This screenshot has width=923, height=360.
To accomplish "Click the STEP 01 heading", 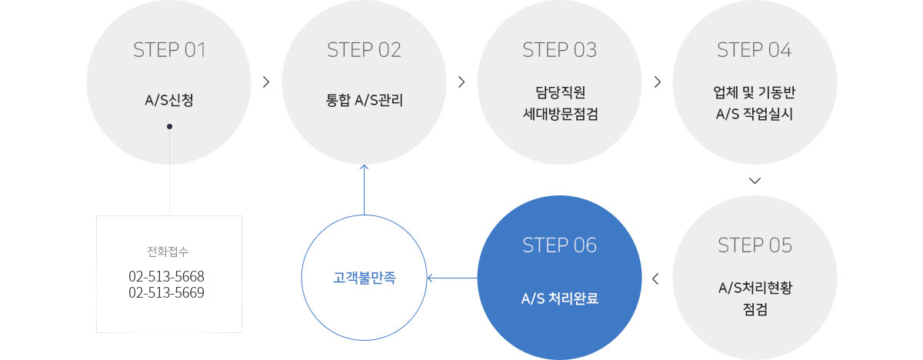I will (169, 51).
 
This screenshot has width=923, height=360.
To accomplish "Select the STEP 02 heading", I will (364, 51).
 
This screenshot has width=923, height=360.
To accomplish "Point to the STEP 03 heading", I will (559, 51).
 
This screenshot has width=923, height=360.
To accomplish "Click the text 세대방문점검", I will (559, 115).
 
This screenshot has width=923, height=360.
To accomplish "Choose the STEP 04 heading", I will (754, 51).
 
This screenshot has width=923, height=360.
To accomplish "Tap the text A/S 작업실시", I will (754, 115).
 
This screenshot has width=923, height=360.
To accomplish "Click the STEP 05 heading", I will (754, 245).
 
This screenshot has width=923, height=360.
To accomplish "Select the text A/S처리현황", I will (754, 288).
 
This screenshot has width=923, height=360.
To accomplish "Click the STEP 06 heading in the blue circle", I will (559, 245).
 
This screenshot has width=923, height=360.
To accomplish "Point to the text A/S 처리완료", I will (559, 297).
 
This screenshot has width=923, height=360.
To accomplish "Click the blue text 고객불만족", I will (364, 278).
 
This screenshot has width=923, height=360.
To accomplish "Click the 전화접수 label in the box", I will (168, 252).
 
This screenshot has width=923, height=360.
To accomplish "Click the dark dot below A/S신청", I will (169, 126).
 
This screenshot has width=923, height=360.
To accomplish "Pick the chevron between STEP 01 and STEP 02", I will (266, 82).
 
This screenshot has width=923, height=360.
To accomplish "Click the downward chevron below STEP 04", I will (754, 182).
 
